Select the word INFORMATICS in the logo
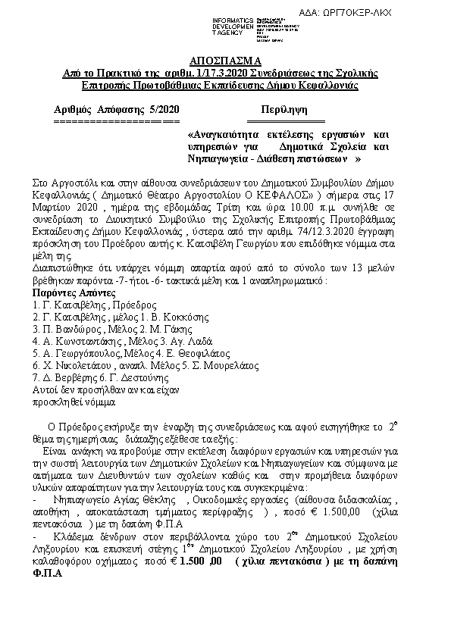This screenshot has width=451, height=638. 232,18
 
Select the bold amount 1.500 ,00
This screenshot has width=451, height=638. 200,561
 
